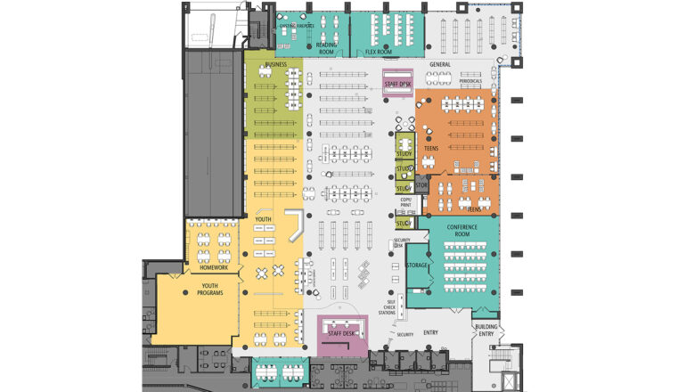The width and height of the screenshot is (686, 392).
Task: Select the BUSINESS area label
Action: [x=275, y=64]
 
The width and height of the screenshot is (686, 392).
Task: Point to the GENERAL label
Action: [x=440, y=65]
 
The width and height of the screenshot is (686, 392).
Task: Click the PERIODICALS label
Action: [x=470, y=81]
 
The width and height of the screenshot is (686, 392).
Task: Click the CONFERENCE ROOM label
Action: [x=461, y=230]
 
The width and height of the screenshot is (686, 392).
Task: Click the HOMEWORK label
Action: [x=214, y=267]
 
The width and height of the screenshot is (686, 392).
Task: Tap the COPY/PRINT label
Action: [x=405, y=203]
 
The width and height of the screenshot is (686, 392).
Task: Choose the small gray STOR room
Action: [x=422, y=185]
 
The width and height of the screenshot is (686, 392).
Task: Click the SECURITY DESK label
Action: [x=400, y=243]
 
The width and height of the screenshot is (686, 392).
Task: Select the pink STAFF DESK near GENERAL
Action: [x=397, y=84]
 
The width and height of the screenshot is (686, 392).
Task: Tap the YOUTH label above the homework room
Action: [x=263, y=218]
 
